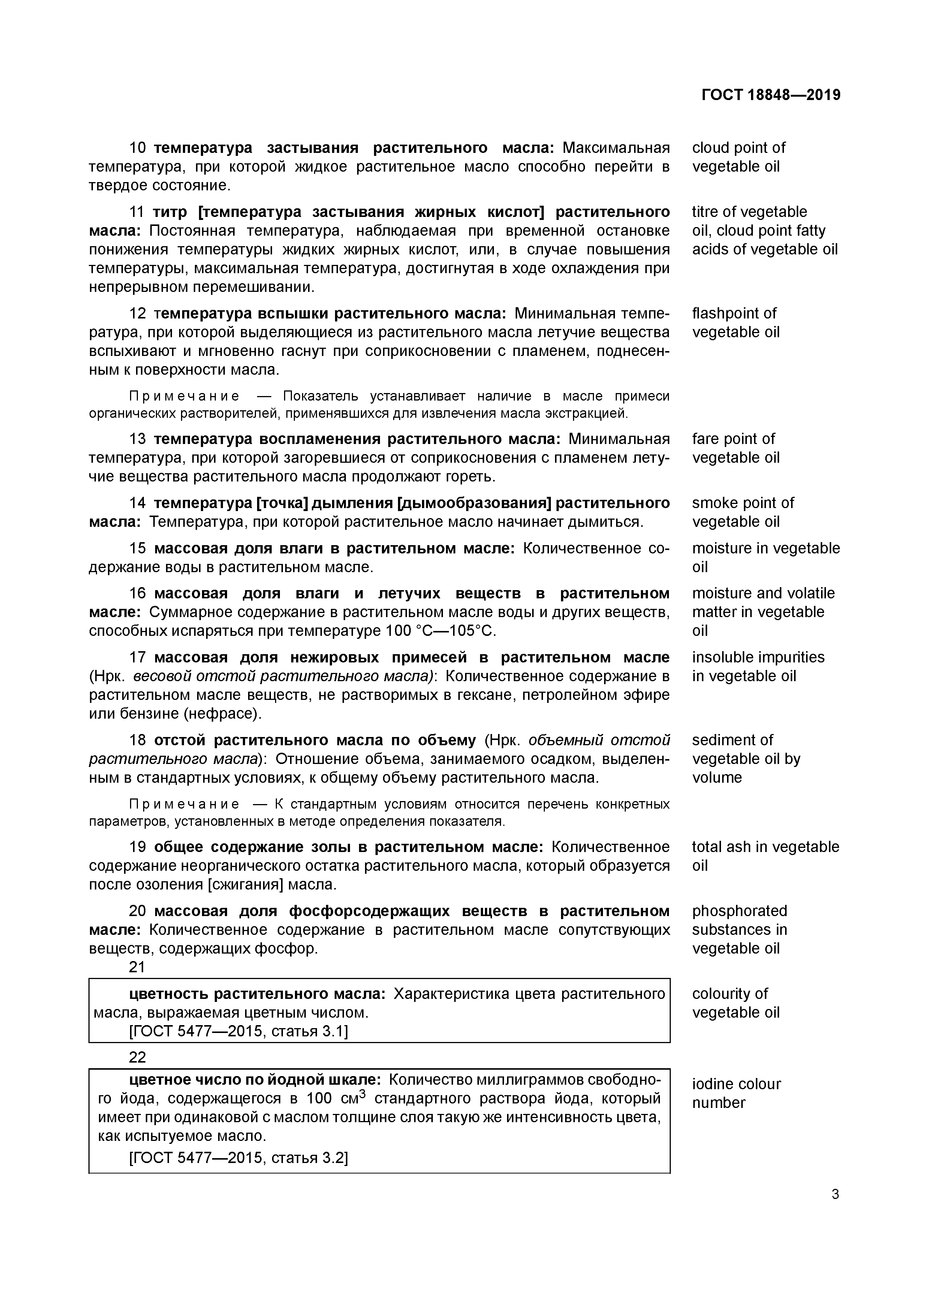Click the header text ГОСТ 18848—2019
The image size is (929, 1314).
pyautogui.click(x=770, y=95)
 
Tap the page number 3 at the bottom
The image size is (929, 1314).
pyautogui.click(x=835, y=1194)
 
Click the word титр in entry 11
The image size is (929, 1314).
pyautogui.click(x=170, y=212)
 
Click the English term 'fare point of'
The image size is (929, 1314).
pyautogui.click(x=733, y=439)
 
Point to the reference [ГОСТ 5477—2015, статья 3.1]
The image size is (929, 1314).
pyautogui.click(x=239, y=1031)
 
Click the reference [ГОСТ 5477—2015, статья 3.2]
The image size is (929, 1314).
pyautogui.click(x=239, y=1158)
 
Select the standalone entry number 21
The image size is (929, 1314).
pyautogui.click(x=138, y=967)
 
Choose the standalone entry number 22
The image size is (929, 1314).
pyautogui.click(x=138, y=1057)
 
